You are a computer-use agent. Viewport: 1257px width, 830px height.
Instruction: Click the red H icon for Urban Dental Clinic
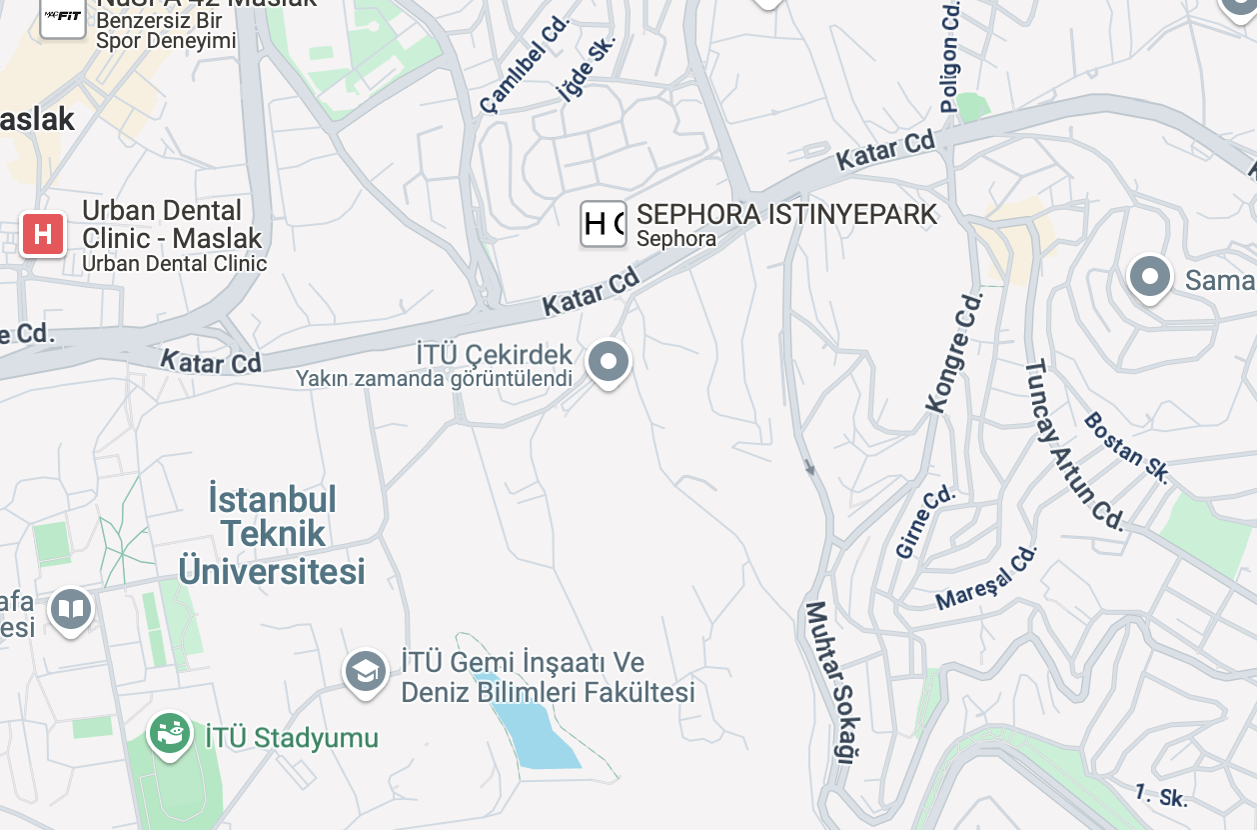pyautogui.click(x=43, y=235)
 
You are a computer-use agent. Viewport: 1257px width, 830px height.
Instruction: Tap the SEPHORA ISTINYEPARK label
pyautogui.click(x=786, y=214)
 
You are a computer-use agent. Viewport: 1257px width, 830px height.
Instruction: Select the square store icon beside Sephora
pyautogui.click(x=604, y=224)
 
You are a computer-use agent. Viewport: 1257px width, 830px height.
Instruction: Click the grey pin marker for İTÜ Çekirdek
pyautogui.click(x=609, y=362)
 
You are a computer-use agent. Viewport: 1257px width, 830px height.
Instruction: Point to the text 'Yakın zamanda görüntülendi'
pyautogui.click(x=434, y=378)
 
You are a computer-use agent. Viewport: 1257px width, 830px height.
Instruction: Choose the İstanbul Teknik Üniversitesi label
pyautogui.click(x=272, y=535)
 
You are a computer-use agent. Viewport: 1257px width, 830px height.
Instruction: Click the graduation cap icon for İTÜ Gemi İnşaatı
pyautogui.click(x=367, y=672)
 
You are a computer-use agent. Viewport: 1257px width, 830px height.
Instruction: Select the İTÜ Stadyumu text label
pyautogui.click(x=292, y=739)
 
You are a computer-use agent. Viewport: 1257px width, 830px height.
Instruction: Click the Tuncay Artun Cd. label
pyautogui.click(x=1074, y=444)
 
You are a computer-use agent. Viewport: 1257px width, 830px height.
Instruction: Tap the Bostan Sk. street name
pyautogui.click(x=1126, y=447)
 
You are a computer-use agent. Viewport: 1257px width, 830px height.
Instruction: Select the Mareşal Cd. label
pyautogui.click(x=987, y=578)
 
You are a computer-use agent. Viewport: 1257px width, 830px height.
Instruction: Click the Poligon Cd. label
pyautogui.click(x=949, y=56)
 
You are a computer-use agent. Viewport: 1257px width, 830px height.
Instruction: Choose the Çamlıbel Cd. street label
pyautogui.click(x=524, y=63)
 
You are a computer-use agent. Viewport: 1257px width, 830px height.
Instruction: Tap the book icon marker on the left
pyautogui.click(x=71, y=609)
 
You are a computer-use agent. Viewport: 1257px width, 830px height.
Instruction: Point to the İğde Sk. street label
pyautogui.click(x=586, y=70)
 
